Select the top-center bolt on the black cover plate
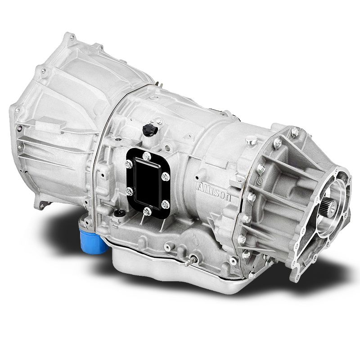(x=147, y=156)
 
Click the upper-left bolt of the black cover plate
(x=129, y=165)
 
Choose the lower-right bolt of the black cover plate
(x=165, y=204)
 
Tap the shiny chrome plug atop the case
(x=253, y=141)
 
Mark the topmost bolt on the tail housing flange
(x=295, y=132)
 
